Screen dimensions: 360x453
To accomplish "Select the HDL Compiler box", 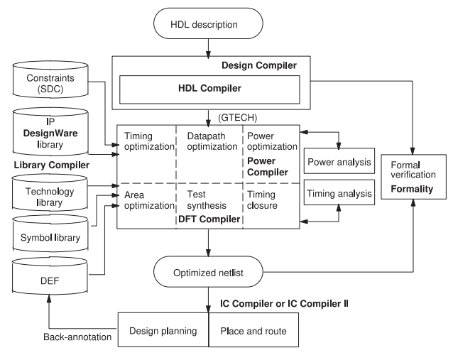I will tap(207, 91).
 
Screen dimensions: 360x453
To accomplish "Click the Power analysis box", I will tap(339, 162).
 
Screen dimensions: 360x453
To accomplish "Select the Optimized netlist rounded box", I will tap(207, 271).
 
